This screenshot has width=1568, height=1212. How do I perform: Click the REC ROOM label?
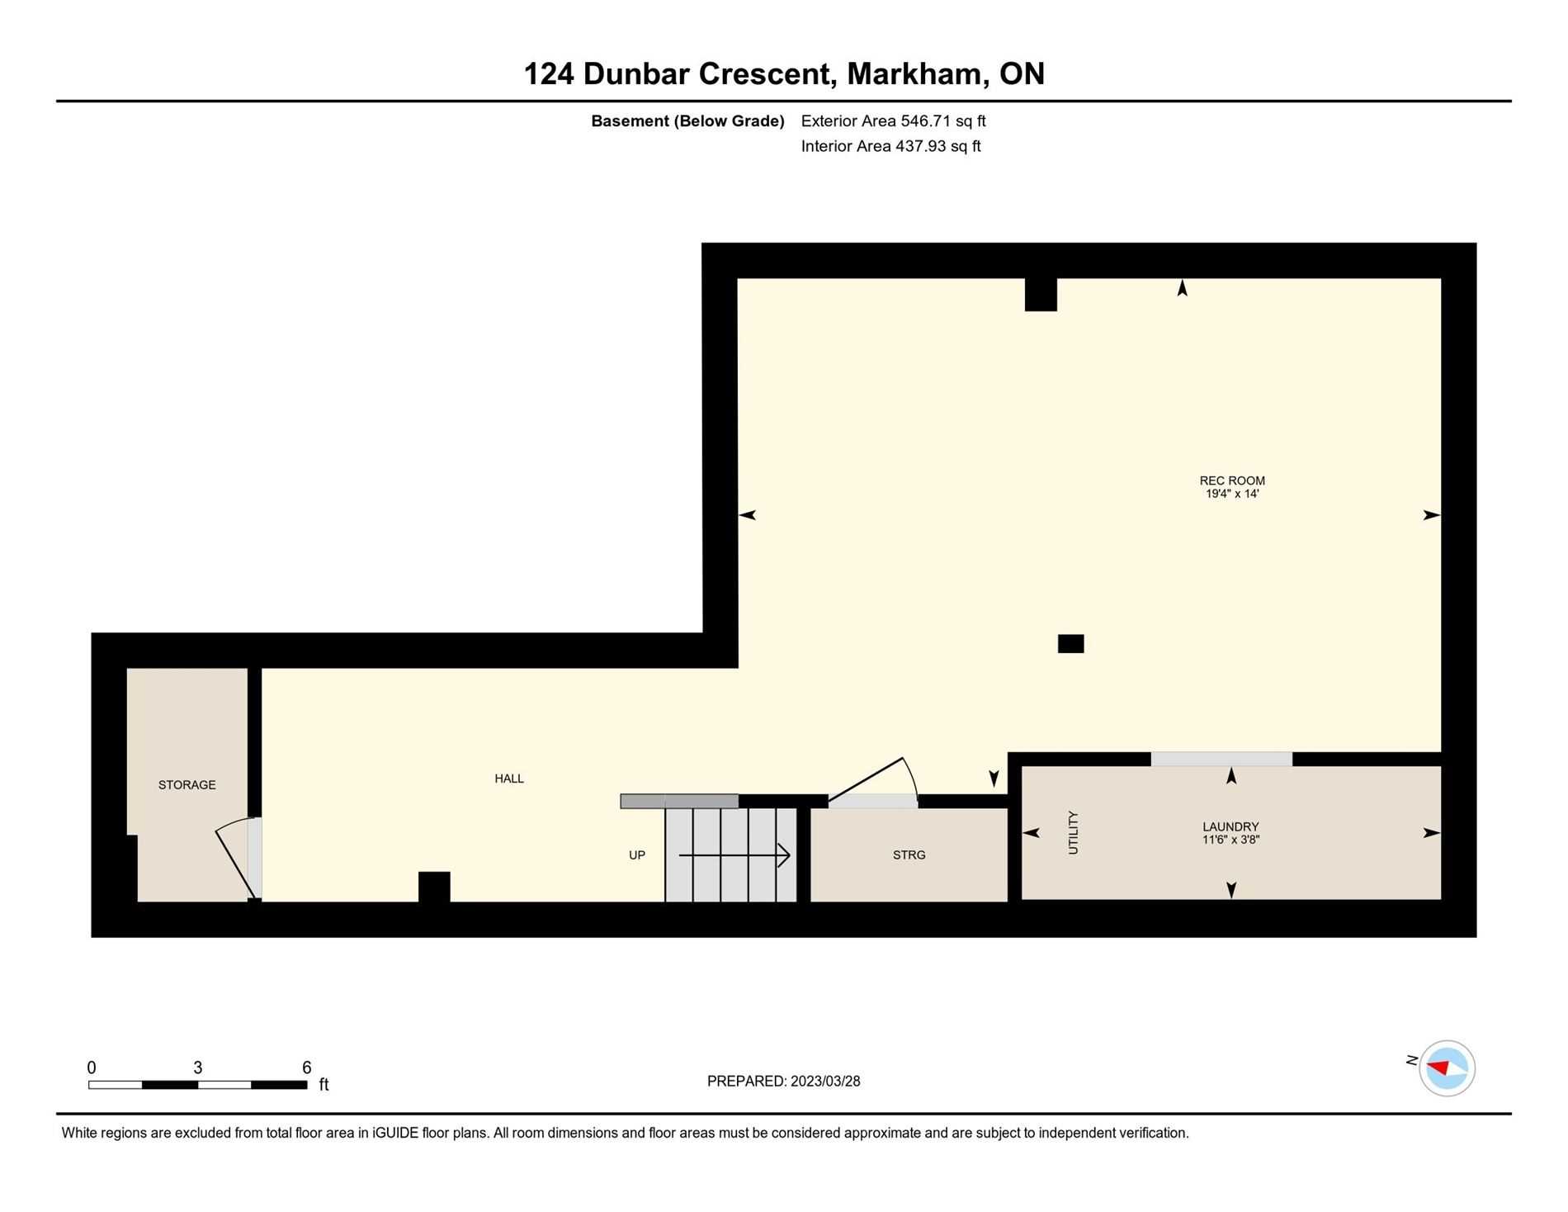(x=1232, y=481)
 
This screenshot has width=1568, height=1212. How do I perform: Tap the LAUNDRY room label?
(x=1230, y=826)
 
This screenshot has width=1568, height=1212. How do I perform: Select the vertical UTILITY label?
(x=1073, y=832)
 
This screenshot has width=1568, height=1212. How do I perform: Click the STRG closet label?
(x=909, y=855)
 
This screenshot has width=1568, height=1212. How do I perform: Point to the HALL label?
(x=509, y=779)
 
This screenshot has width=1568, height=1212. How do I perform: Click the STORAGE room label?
(x=187, y=784)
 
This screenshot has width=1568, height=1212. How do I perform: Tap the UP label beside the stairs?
(x=637, y=855)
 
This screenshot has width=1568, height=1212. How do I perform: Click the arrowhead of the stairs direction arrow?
(x=785, y=855)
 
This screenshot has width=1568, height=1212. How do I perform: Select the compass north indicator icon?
(x=1447, y=1068)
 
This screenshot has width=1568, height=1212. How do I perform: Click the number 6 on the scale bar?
(x=306, y=1067)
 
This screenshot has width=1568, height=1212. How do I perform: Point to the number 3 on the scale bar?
(x=198, y=1067)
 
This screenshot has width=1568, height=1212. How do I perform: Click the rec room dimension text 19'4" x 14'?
(x=1232, y=494)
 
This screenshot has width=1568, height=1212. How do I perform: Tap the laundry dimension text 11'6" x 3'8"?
(x=1230, y=840)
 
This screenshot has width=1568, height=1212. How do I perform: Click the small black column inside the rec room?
(x=1070, y=643)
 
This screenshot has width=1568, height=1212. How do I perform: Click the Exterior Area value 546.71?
(x=926, y=121)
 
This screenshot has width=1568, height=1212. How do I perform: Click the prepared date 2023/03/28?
(x=825, y=1081)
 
